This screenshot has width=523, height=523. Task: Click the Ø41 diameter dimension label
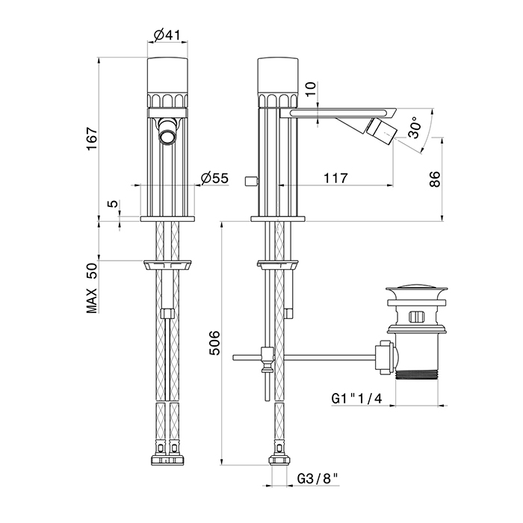[x=167, y=34]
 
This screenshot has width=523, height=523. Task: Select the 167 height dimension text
[x=92, y=139]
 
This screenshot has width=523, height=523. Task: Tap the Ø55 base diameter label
[x=215, y=178]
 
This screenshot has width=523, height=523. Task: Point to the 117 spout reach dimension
[x=335, y=178]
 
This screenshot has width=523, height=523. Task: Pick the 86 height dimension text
[x=435, y=179]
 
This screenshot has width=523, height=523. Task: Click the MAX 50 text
[x=92, y=288]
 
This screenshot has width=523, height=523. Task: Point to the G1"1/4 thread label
[x=356, y=398]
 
